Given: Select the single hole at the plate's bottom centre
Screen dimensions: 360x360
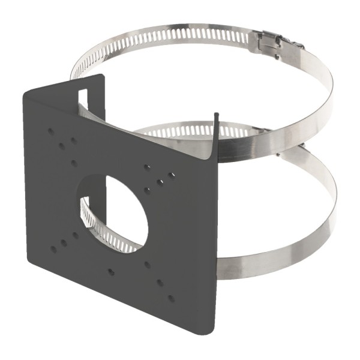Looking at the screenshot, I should [x=111, y=272].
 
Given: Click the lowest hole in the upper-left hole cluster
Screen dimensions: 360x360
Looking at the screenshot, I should [x=74, y=163].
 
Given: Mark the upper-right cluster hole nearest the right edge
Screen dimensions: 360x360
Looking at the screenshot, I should [x=172, y=175].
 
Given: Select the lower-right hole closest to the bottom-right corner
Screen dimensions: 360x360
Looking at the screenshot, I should [x=172, y=298].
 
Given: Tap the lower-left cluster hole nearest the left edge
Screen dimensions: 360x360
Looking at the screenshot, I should [x=53, y=248].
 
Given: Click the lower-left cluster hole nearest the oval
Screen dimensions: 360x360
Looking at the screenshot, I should [x=76, y=235].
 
